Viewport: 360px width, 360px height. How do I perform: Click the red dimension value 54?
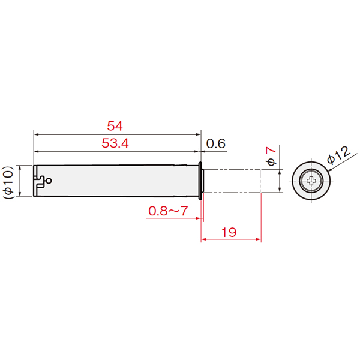click(x=115, y=126)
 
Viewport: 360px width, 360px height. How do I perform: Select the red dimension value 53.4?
click(x=115, y=143)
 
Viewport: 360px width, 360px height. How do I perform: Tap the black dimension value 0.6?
click(x=216, y=144)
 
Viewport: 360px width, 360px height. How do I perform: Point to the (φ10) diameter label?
click(x=8, y=182)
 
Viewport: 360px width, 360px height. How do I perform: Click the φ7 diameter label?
click(x=271, y=157)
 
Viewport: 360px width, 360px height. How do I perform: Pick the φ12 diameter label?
click(x=339, y=155)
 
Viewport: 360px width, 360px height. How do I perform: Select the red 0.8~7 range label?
click(x=168, y=211)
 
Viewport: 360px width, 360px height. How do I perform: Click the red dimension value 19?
click(x=229, y=232)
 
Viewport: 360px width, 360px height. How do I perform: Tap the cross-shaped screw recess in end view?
click(x=311, y=181)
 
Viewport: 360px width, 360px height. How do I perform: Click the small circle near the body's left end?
click(x=49, y=181)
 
